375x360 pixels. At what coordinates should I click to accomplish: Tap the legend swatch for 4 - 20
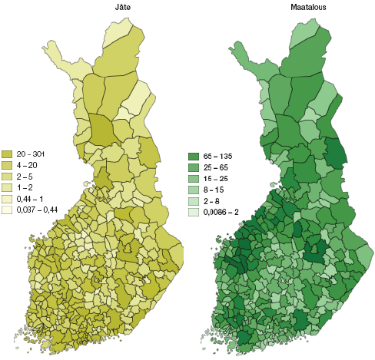(7, 164)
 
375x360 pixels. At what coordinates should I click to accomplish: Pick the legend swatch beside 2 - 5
(7, 175)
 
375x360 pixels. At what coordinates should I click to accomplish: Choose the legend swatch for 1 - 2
(7, 187)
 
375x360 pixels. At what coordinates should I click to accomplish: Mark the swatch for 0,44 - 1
(7, 197)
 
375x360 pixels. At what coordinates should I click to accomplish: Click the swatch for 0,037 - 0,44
(7, 209)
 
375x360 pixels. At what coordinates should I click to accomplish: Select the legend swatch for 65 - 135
(194, 156)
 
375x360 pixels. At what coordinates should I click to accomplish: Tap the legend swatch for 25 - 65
(194, 167)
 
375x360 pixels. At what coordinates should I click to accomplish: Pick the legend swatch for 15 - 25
(194, 178)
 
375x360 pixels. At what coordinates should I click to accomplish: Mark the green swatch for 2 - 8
(194, 200)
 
